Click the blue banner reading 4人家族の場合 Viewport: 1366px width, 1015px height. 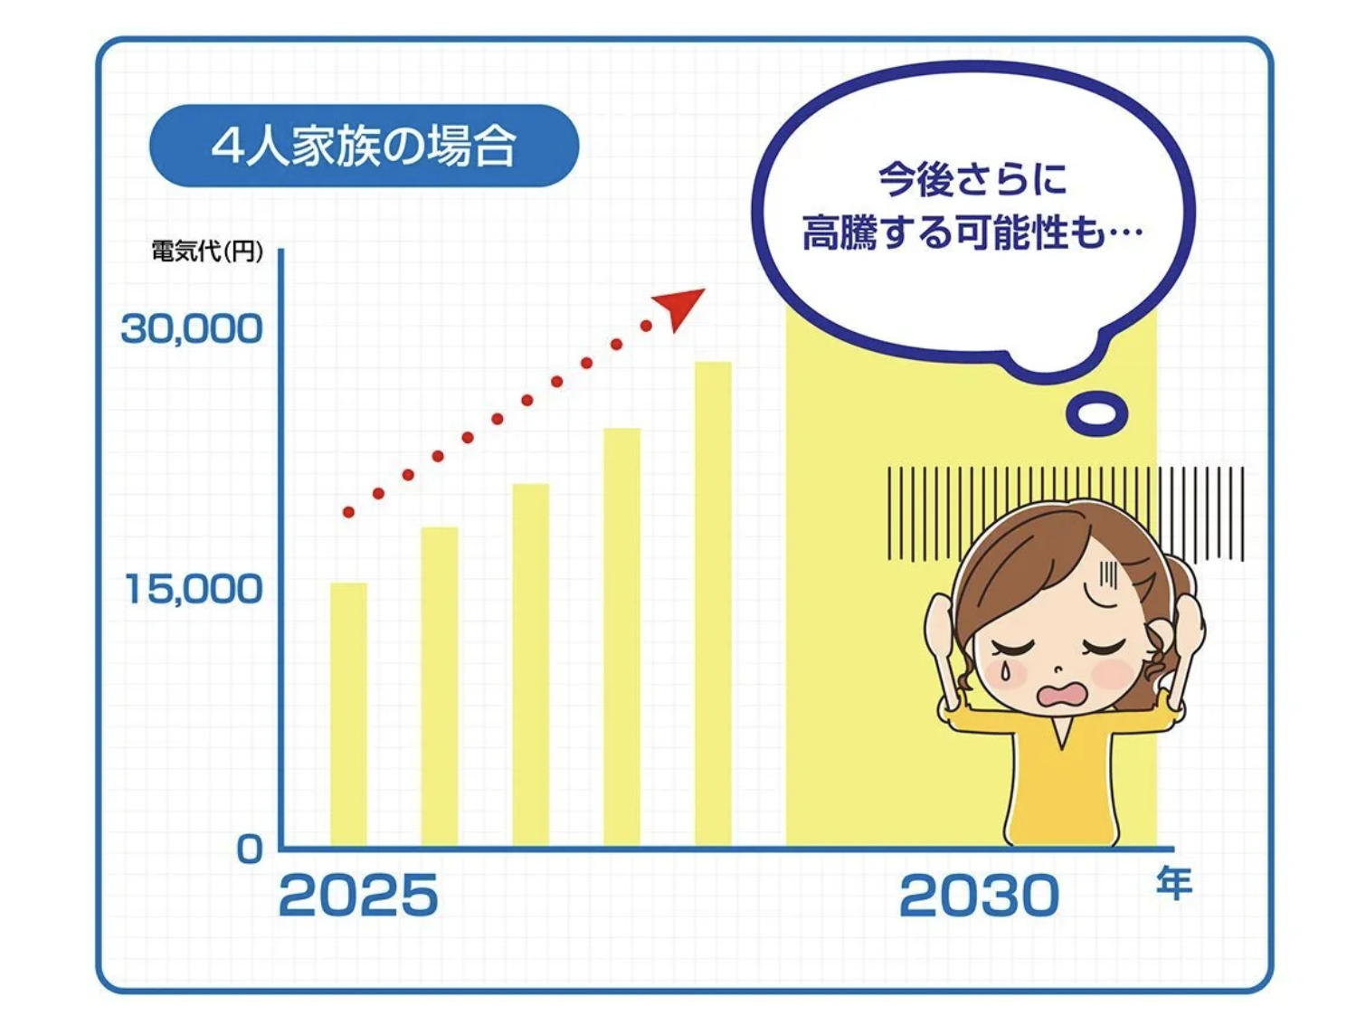364,146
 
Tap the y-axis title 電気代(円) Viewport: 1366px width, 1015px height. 207,251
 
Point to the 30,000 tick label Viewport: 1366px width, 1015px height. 192,329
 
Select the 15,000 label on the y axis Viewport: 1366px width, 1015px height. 194,589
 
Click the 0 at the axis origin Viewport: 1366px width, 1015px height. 250,850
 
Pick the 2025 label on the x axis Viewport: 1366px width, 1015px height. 358,895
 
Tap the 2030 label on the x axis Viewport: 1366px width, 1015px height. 979,895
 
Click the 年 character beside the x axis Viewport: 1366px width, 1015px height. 1174,883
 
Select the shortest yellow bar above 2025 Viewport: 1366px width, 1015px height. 348,715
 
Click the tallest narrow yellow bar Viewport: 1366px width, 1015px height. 713,603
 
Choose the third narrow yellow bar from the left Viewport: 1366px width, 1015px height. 531,665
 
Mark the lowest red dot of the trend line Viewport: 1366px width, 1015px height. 348,512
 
